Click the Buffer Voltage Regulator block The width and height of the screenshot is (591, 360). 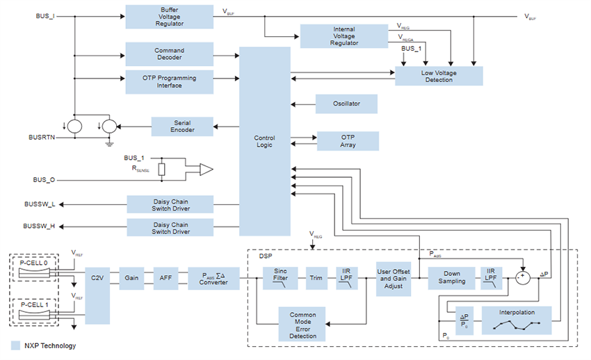169,16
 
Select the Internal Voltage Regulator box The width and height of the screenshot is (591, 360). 343,35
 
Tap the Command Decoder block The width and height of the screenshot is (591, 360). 169,54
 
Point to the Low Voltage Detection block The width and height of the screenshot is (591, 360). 438,76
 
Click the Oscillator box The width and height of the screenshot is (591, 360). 346,104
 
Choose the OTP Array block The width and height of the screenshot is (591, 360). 348,140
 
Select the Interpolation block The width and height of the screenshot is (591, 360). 516,320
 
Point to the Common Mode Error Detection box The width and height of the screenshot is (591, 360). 302,324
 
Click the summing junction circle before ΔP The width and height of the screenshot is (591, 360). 523,277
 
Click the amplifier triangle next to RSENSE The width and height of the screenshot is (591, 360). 206,169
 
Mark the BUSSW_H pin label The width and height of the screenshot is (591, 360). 39,226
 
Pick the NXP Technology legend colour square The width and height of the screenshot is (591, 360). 15,345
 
